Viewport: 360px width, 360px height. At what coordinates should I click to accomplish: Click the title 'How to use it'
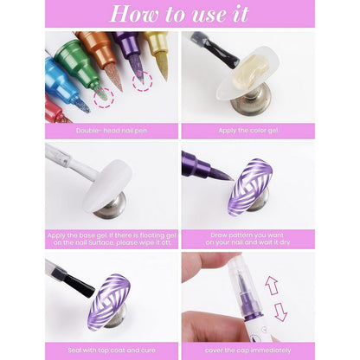tap(179, 15)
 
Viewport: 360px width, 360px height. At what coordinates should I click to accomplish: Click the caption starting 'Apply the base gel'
tap(112, 238)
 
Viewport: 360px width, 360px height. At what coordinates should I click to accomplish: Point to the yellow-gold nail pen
tap(157, 48)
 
